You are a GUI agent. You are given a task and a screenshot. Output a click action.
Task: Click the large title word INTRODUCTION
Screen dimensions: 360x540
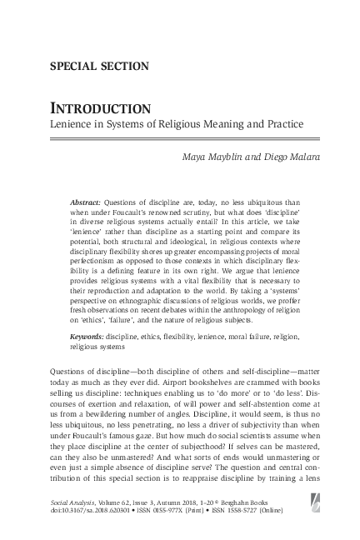(92, 109)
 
